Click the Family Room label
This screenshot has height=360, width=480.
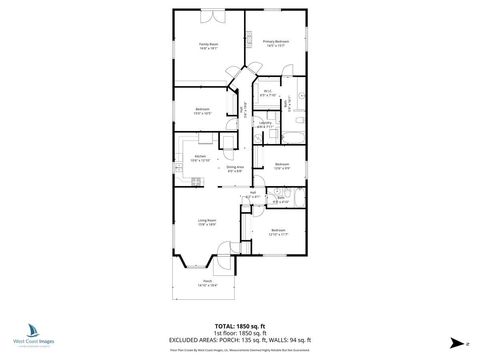coord(209,44)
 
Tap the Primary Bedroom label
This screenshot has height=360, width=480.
coord(275,41)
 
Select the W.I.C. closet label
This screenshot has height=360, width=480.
coord(268,92)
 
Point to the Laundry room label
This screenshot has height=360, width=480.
coord(264,123)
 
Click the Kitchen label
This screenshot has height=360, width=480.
coord(199,156)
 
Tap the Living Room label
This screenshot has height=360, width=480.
coord(208,221)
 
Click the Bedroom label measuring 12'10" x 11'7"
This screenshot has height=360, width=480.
coord(279,231)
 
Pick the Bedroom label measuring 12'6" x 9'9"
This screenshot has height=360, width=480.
coord(282,165)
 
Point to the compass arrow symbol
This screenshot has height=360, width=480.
coord(454,341)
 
